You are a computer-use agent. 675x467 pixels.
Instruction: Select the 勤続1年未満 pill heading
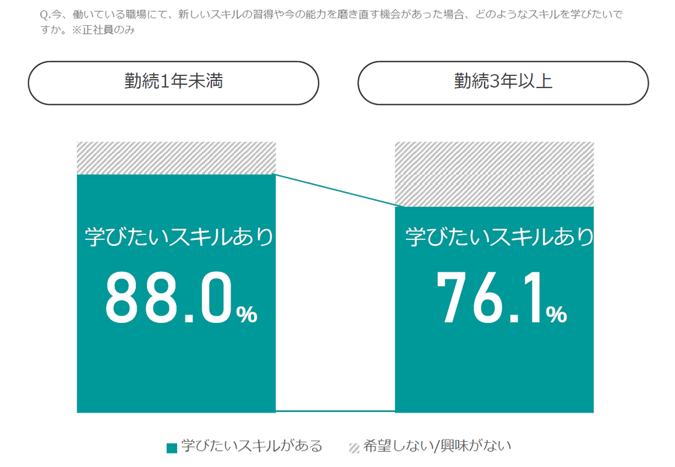[x=173, y=83]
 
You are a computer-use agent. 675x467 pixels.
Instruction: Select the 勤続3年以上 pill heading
[x=503, y=83]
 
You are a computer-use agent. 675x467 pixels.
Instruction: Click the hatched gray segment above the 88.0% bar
[x=176, y=158]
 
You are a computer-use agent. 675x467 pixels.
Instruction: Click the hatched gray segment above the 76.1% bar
[x=494, y=174]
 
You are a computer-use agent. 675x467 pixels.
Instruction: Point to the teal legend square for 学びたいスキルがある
[x=172, y=448]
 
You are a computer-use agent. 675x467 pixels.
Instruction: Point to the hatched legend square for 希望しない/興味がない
[x=354, y=448]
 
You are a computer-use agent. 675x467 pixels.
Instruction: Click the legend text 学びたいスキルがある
[x=251, y=447]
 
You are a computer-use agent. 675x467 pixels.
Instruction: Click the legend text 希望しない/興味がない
[x=437, y=447]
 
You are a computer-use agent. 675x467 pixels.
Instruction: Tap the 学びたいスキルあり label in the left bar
[x=178, y=237]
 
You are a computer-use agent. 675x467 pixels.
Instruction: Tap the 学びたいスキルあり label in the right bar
[x=499, y=237]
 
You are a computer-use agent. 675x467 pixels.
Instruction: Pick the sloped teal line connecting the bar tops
[x=335, y=190]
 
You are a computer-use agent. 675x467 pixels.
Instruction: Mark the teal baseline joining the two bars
[x=335, y=411]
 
